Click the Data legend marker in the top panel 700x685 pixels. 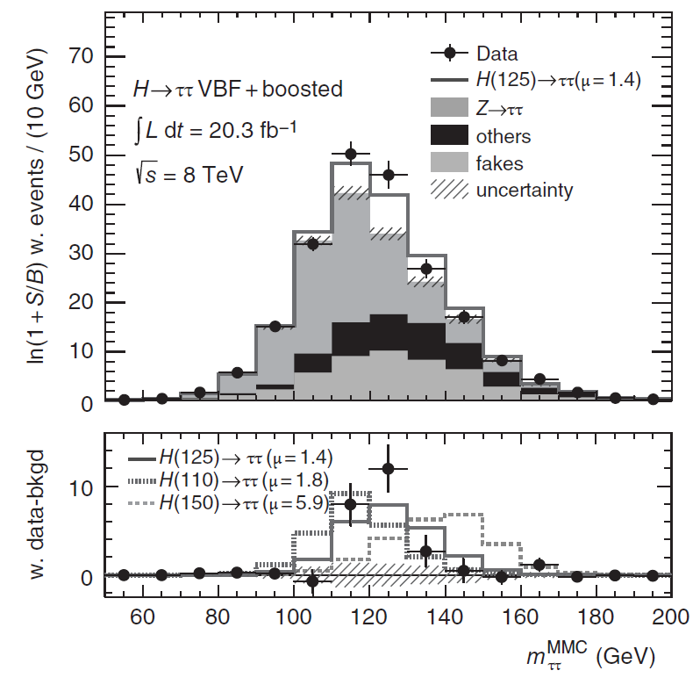tap(449, 54)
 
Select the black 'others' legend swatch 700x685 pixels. tap(449, 135)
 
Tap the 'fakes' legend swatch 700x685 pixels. tap(449, 162)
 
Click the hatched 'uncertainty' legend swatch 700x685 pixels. tap(449, 190)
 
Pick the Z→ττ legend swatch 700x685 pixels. tap(449, 108)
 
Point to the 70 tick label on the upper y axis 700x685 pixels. tap(81, 57)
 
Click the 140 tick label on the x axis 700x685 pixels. tap(444, 617)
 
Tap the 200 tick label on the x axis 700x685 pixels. tap(670, 617)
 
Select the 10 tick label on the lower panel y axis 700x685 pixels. tap(81, 488)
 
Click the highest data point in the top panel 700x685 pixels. tap(351, 155)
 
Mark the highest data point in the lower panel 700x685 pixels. tap(388, 469)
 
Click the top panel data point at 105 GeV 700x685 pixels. tap(313, 244)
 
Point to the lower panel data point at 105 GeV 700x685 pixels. tap(313, 581)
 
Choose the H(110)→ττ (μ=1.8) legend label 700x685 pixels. tap(244, 480)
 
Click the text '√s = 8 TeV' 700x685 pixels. tap(189, 174)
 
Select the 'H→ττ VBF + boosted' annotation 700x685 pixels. tap(238, 89)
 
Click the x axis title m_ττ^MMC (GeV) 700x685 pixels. tap(591, 656)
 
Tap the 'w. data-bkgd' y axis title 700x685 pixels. tap(37, 515)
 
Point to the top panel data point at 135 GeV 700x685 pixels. tap(426, 269)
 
